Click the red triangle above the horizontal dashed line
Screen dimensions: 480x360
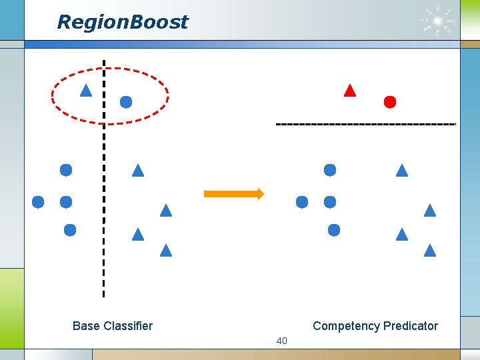coord(349,91)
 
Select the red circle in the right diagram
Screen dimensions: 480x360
coord(390,102)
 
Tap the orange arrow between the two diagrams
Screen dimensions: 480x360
coord(233,193)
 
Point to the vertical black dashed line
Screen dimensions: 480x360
coord(104,200)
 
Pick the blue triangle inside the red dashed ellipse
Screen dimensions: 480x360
coord(85,91)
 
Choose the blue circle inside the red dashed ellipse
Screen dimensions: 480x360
coord(125,102)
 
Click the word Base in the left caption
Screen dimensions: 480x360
coord(85,326)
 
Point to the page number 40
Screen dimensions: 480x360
coord(281,341)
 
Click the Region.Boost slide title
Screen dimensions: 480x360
coord(123,22)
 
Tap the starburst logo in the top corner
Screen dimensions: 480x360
coord(438,21)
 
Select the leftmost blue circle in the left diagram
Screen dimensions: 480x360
coord(38,201)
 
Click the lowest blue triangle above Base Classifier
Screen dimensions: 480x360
coord(166,251)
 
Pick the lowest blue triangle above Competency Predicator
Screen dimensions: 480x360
coord(429,251)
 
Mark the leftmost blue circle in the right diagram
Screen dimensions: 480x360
coord(302,201)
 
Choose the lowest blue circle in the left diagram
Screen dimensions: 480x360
coord(69,230)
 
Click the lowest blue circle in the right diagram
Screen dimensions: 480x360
coord(334,230)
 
